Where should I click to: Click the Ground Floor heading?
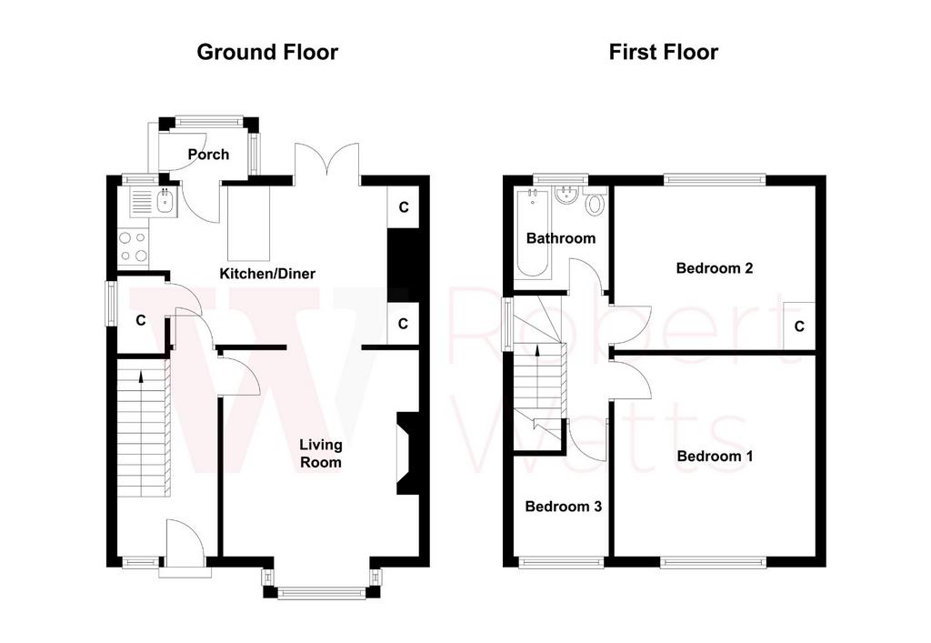[x=267, y=52]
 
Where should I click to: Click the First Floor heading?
[x=663, y=52]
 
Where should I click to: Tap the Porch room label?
[x=208, y=155]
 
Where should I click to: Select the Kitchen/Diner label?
[x=267, y=274]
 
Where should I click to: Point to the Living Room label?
[x=321, y=454]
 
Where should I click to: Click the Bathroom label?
[x=561, y=238]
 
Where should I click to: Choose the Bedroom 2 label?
[x=715, y=267]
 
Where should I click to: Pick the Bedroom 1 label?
[x=715, y=456]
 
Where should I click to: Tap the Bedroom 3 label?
[x=564, y=507]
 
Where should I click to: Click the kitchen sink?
[x=165, y=202]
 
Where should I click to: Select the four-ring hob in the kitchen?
[x=133, y=247]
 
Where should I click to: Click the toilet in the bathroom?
[x=595, y=203]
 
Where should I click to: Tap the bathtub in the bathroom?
[x=533, y=234]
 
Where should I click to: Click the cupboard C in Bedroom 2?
[x=799, y=326]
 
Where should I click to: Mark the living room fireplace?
[x=408, y=452]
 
